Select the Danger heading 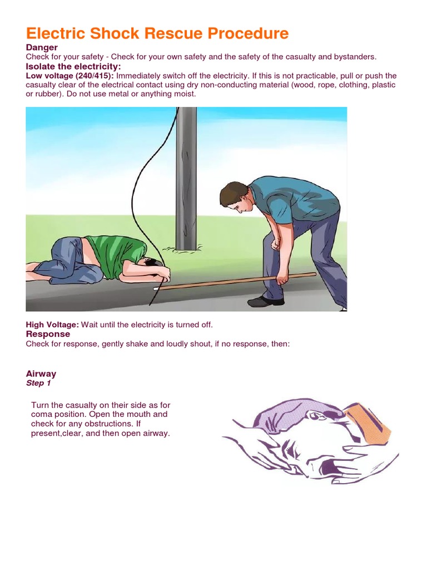click(x=42, y=48)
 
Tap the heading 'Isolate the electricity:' click(x=73, y=67)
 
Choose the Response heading click(x=48, y=334)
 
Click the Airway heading click(x=41, y=374)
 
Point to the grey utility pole click(x=186, y=178)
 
